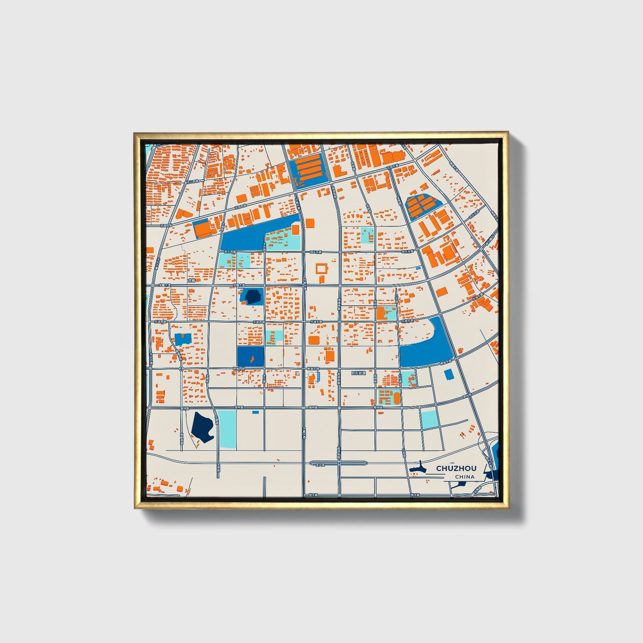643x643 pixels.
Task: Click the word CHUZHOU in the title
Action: [x=456, y=468]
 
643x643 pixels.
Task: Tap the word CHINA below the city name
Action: [x=465, y=477]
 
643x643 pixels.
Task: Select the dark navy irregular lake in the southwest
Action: [x=203, y=427]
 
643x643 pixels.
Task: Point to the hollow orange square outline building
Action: [x=321, y=268]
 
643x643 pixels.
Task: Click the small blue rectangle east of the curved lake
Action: [x=449, y=374]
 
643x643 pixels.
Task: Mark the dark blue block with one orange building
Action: [x=250, y=357]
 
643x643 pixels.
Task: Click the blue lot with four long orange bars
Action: [x=309, y=172]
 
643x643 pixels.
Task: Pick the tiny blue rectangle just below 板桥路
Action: [x=255, y=412]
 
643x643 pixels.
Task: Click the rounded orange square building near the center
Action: [x=314, y=340]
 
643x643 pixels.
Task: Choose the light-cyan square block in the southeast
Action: [x=429, y=419]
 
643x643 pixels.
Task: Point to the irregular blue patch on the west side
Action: [x=182, y=339]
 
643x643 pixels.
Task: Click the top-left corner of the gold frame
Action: [x=135, y=133]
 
